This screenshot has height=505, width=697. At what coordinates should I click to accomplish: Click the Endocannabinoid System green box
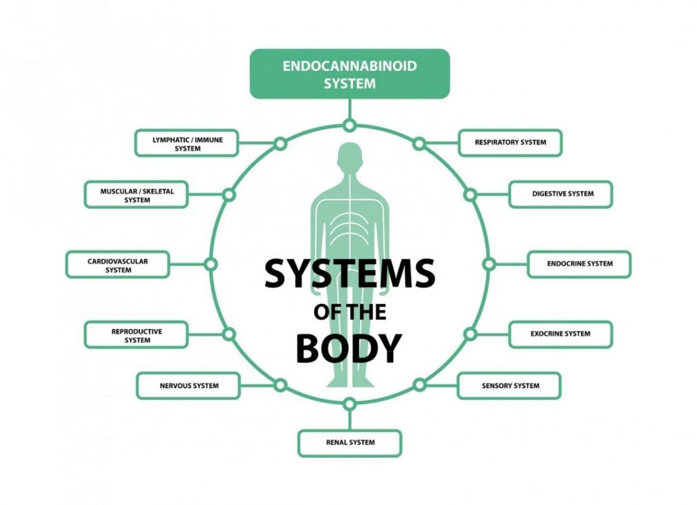point(350,74)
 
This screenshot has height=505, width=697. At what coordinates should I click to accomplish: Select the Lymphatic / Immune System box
point(186,143)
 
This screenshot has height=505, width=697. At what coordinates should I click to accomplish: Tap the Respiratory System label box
point(511,142)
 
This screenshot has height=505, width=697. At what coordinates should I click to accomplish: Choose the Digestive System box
point(561,194)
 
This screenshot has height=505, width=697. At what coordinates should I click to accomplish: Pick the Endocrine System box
point(579,264)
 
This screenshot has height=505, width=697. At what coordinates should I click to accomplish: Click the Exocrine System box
point(561,334)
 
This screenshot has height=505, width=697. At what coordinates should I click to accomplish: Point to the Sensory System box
point(509,386)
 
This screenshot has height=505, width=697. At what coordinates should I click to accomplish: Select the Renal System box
point(350,443)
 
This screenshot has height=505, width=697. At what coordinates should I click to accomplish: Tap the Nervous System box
point(188,386)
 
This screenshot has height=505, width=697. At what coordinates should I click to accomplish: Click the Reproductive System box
point(136,335)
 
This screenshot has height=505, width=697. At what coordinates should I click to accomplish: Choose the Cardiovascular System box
point(118,265)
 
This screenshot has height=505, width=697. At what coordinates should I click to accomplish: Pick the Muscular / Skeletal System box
point(136,194)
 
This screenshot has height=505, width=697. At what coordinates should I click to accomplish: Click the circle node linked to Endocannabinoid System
point(350,125)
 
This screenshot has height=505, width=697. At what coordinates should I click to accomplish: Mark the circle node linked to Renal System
point(350,404)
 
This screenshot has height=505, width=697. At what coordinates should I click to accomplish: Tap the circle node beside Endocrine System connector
point(489,265)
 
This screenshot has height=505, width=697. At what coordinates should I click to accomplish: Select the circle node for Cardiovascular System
point(211,265)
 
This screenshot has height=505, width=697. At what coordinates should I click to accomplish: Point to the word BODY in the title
point(349,349)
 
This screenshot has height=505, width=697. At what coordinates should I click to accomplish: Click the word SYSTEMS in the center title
point(350,273)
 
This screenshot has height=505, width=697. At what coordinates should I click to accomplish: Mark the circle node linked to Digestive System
point(470,194)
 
